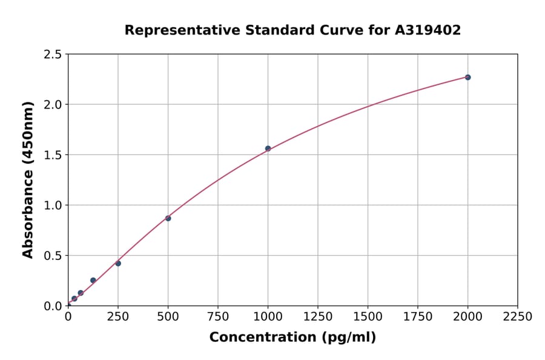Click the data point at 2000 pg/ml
pyautogui.click(x=467, y=77)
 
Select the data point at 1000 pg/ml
pyautogui.click(x=268, y=148)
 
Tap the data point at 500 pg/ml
pyautogui.click(x=168, y=218)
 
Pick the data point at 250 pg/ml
pyautogui.click(x=118, y=263)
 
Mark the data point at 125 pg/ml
pyautogui.click(x=93, y=280)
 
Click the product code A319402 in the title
pyautogui.click(x=428, y=30)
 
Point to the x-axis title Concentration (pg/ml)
pyautogui.click(x=292, y=338)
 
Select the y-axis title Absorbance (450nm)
pyautogui.click(x=28, y=180)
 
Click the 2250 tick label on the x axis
pyautogui.click(x=518, y=317)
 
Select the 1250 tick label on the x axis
pyautogui.click(x=318, y=317)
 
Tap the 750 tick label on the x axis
pyautogui.click(x=218, y=317)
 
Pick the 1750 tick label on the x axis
pyautogui.click(x=418, y=317)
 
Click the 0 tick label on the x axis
pyautogui.click(x=68, y=317)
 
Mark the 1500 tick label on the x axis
pyautogui.click(x=368, y=317)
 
